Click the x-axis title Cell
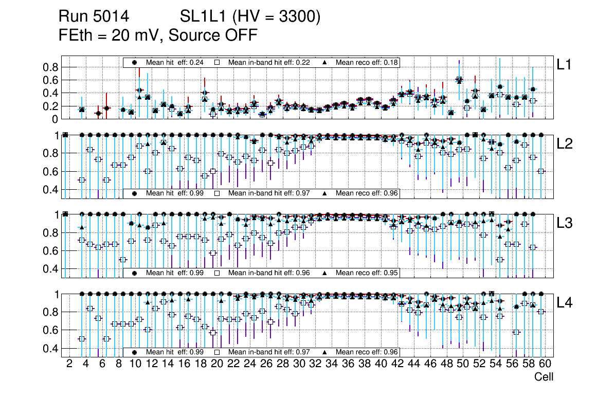click(x=544, y=377)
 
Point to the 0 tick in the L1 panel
click(x=54, y=119)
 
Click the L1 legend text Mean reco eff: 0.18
click(x=367, y=62)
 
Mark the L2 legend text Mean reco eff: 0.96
click(x=367, y=194)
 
